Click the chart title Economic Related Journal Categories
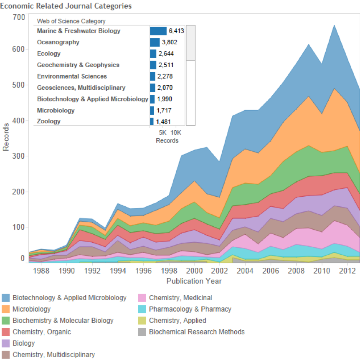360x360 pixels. (x=66, y=6)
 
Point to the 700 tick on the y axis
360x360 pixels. (x=18, y=17)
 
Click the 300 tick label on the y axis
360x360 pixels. (x=18, y=156)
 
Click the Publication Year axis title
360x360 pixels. (x=194, y=281)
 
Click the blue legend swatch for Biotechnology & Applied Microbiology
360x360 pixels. (x=6, y=298)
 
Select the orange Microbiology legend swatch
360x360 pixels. (x=6, y=309)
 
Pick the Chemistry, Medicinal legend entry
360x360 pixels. (x=180, y=298)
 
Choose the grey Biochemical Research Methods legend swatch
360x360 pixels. (x=142, y=332)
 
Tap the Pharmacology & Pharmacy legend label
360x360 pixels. (x=190, y=309)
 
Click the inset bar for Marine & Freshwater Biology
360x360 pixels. (x=158, y=31)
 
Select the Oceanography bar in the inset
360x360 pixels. (x=155, y=42)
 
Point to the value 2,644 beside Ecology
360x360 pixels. (x=166, y=53)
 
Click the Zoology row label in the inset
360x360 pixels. (x=48, y=122)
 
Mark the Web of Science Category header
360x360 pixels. (x=71, y=21)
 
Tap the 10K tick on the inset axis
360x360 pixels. (x=177, y=133)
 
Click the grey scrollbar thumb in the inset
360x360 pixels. (x=190, y=43)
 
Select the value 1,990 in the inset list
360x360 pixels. (x=164, y=99)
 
